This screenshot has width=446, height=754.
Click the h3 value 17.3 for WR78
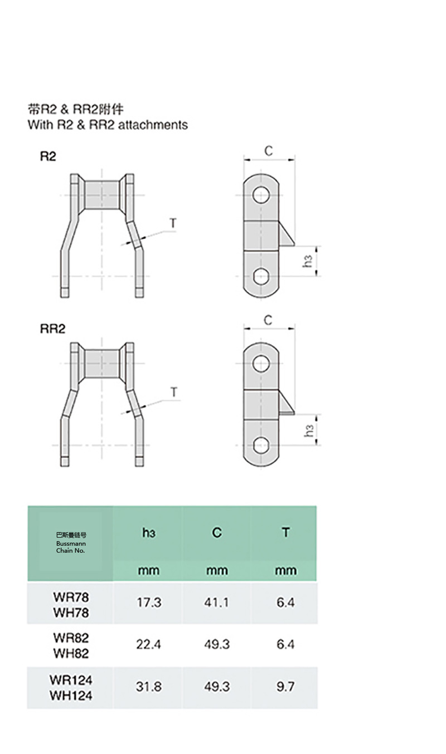[149, 602]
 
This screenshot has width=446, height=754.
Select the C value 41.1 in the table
[216, 602]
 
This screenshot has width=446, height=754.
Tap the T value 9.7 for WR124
[285, 687]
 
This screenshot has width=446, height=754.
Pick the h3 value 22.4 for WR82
[149, 644]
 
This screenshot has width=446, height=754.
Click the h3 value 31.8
[149, 687]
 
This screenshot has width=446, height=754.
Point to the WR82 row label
[71, 638]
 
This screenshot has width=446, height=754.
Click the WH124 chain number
[71, 696]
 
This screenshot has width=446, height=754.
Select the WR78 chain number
[71, 597]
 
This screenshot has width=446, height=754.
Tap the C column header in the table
[217, 532]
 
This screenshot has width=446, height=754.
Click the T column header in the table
[286, 532]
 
